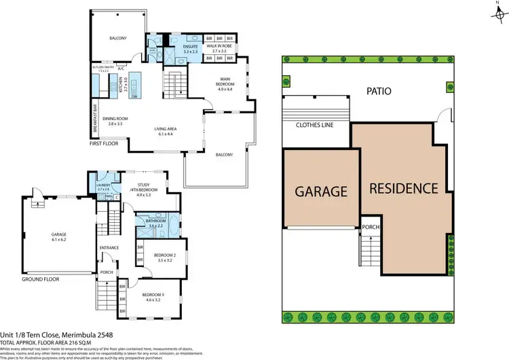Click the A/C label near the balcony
(x=120, y=69)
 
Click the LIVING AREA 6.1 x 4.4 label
(x=166, y=131)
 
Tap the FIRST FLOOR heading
(x=105, y=144)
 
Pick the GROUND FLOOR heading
(x=41, y=278)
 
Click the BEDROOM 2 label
(x=164, y=257)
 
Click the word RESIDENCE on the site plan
(x=404, y=187)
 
